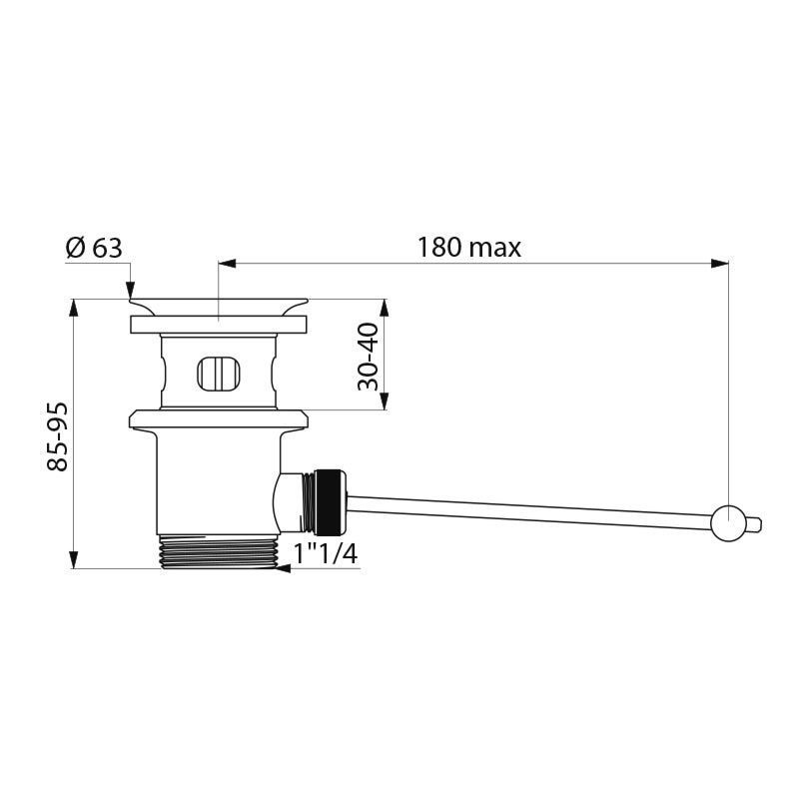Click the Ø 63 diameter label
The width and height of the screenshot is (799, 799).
pos(94,248)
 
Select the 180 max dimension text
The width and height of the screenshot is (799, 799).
pos(469,248)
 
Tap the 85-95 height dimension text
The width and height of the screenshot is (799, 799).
pos(58,436)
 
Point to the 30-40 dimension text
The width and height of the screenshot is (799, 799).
pos(368,357)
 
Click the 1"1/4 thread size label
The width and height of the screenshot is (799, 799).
pos(326,553)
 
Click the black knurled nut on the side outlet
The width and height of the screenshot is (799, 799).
pos(331,502)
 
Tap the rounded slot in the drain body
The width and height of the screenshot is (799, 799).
pos(219,374)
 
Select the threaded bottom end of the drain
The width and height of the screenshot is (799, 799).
pos(220,551)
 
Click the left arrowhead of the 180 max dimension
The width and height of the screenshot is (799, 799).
pos(228,264)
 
